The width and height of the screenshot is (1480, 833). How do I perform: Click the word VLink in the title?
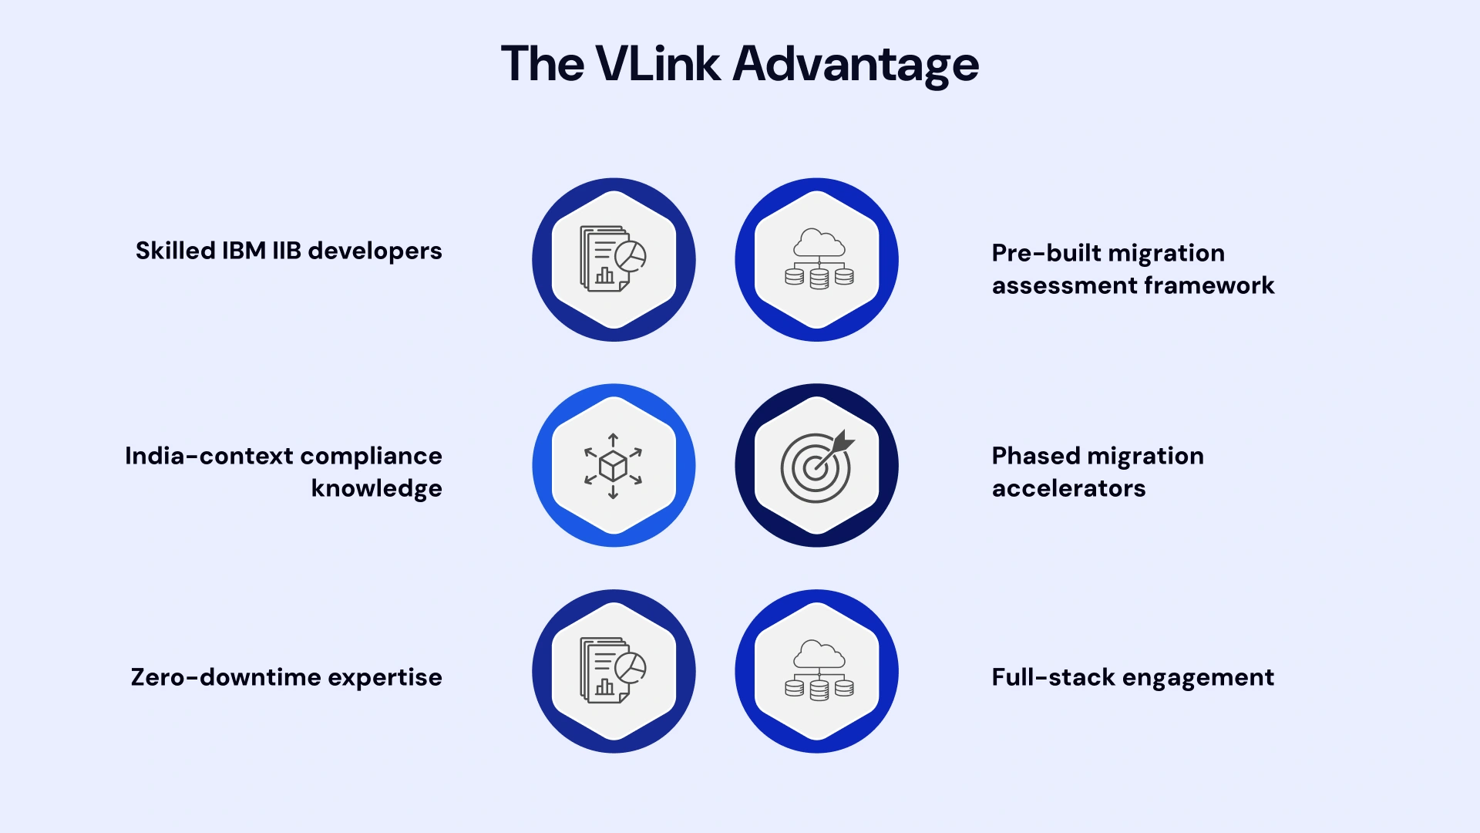coord(658,64)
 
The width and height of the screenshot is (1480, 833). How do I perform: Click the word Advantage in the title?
coord(856,64)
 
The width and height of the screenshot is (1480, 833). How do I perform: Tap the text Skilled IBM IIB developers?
coord(288,251)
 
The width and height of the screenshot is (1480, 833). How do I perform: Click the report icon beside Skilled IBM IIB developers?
coord(614,259)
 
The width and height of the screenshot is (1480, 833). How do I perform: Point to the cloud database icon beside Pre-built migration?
coord(818,259)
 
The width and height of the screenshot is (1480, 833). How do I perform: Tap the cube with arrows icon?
coord(614,466)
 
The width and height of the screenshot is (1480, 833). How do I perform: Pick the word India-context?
coord(209,456)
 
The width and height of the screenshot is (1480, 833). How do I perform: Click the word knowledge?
coord(376,488)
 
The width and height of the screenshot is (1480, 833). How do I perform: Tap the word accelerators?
coord(1068,488)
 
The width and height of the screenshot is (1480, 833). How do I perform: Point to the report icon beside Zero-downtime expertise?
coord(614,671)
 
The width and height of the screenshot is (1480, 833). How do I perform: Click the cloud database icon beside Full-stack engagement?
coord(818,671)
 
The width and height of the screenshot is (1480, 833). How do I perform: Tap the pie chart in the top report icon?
coord(631,256)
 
